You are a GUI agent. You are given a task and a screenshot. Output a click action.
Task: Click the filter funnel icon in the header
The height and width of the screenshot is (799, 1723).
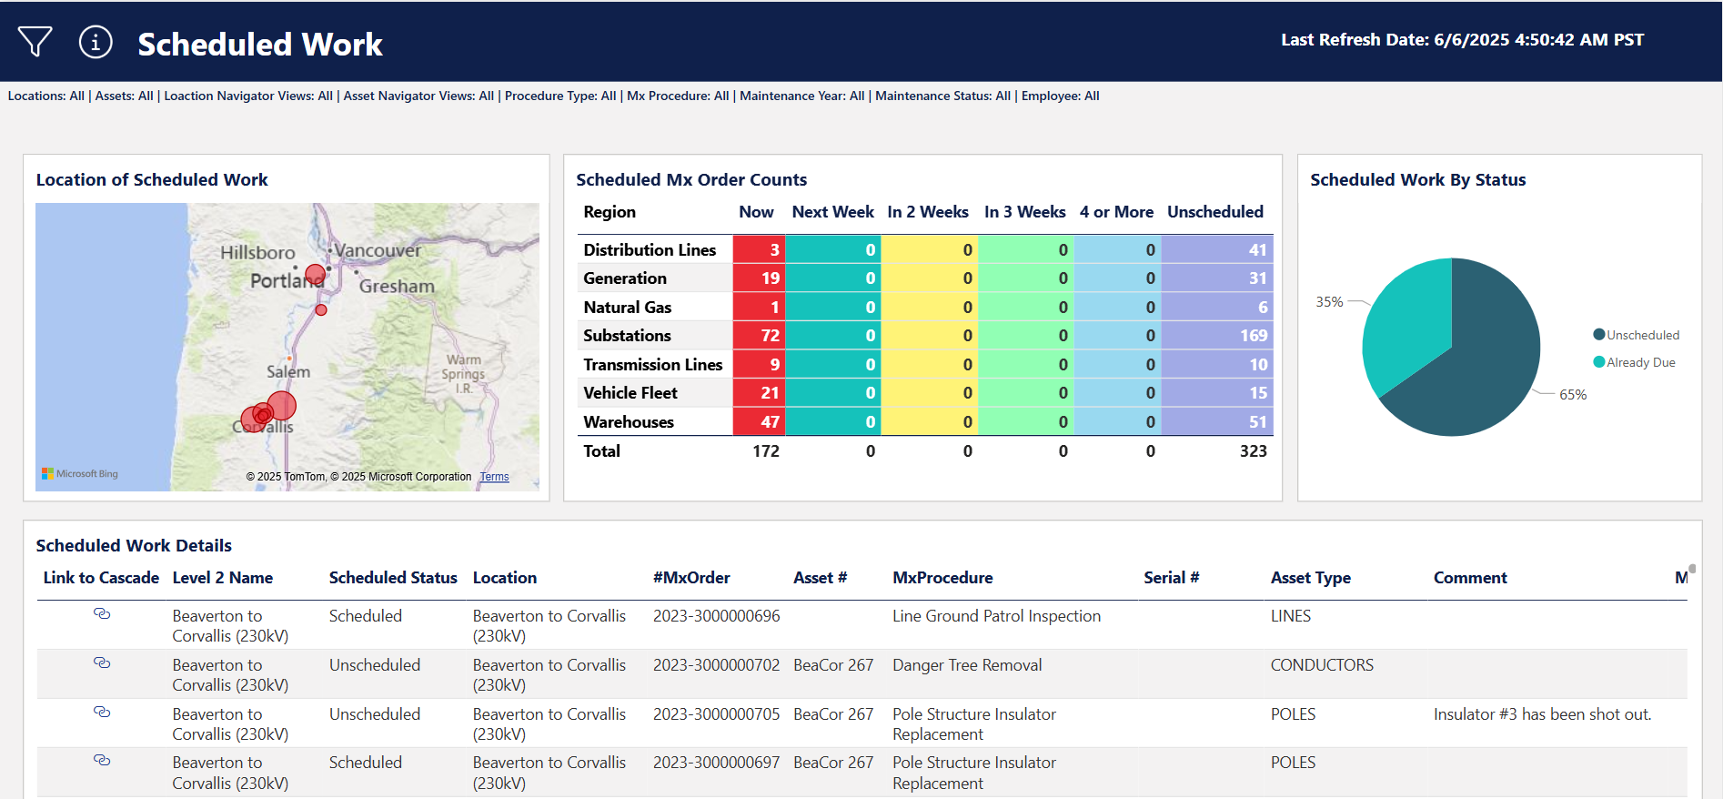(35, 41)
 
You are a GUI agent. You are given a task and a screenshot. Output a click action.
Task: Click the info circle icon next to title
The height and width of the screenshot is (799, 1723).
(96, 42)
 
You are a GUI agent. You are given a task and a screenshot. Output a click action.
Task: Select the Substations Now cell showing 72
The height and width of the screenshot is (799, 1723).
(759, 336)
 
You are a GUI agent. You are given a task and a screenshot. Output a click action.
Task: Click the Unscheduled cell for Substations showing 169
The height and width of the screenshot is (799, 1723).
(1216, 336)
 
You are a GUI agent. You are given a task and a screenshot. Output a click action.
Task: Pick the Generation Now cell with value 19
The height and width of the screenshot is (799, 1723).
(759, 278)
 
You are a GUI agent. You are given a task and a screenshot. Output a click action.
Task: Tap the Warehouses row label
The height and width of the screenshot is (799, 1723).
(629, 422)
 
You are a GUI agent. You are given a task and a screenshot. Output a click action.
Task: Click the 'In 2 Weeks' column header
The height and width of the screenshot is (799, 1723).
(927, 212)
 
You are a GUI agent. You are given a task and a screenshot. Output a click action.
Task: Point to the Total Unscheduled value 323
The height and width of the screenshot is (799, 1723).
(1253, 451)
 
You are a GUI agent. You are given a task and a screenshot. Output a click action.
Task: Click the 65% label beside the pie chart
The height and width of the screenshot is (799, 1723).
(1573, 395)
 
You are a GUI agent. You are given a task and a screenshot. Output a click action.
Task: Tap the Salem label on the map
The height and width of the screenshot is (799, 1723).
(288, 372)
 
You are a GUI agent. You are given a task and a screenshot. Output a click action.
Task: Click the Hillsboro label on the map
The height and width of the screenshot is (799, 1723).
(257, 253)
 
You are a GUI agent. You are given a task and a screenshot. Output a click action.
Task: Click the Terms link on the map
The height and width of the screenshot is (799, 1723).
(494, 477)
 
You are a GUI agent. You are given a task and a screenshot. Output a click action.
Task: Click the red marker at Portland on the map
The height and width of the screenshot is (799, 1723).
(315, 274)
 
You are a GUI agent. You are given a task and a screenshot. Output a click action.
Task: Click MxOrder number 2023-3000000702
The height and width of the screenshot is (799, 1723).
(716, 665)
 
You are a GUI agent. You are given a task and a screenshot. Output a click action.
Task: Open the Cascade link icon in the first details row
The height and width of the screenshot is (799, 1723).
(102, 614)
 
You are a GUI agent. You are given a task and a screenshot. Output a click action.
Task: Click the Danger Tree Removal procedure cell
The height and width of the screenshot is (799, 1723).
(967, 665)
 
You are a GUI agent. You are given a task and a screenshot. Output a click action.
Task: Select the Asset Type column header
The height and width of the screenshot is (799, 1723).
(1310, 578)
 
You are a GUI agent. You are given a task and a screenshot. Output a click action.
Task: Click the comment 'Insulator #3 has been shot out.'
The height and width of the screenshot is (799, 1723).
(1542, 714)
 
